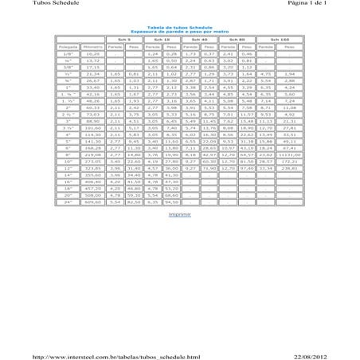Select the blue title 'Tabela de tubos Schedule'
(x=181, y=26)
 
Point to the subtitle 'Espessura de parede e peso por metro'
(x=181, y=31)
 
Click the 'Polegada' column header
(x=67, y=46)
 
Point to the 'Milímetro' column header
(x=92, y=46)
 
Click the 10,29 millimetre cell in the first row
(x=92, y=53)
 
